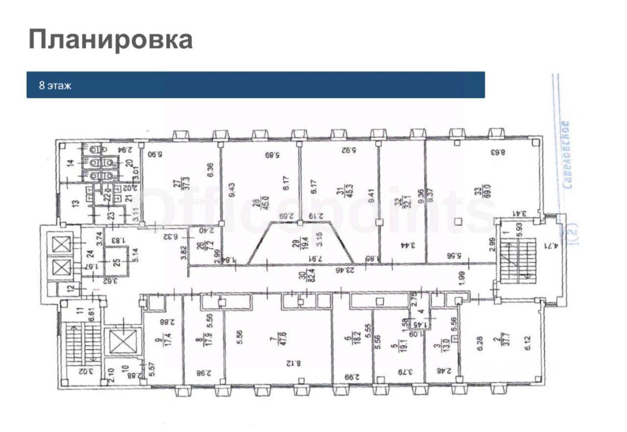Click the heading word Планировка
click(110, 40)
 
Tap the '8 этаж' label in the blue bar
click(55, 86)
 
